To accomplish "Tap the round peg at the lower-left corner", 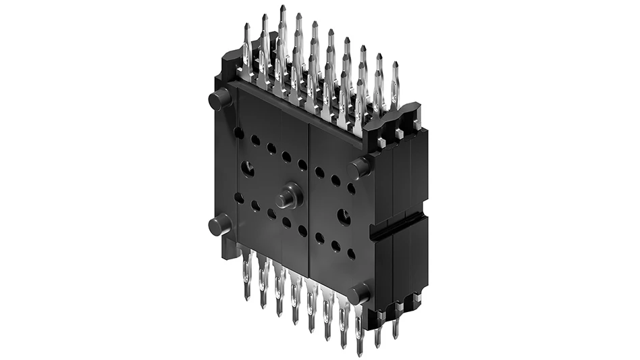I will tap(219, 224).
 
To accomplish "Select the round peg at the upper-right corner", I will tap(359, 167).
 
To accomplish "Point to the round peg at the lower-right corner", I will tap(358, 293).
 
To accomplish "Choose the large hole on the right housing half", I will tap(344, 217).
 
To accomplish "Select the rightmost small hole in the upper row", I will tap(352, 189).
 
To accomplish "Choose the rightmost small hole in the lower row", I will tap(352, 254).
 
